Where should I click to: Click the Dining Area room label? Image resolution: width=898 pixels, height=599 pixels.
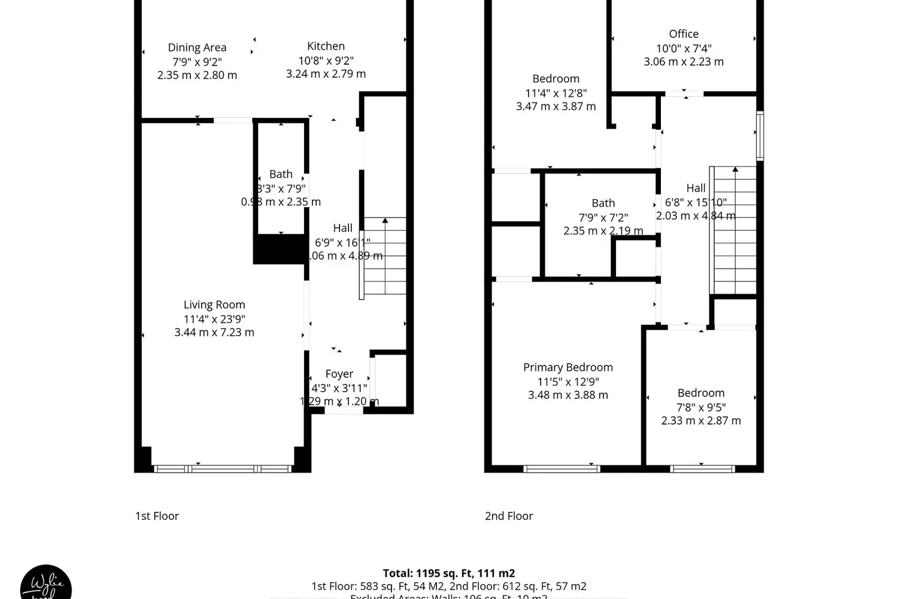[x=197, y=48]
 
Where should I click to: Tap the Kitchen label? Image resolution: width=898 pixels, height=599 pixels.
[x=326, y=46]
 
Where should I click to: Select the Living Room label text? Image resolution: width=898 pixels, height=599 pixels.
[x=214, y=305]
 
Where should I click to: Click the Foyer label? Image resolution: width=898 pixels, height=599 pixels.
[x=339, y=374]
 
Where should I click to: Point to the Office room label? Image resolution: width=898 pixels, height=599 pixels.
[x=684, y=34]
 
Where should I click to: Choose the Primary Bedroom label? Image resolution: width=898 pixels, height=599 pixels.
[x=568, y=367]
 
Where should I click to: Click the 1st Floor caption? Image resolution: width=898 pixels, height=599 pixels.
[x=157, y=516]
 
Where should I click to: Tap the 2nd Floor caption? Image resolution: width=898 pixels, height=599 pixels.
[x=509, y=516]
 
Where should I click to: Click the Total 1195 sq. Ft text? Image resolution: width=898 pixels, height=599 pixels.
[x=449, y=573]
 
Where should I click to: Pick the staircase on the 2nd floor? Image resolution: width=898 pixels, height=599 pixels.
[x=735, y=231]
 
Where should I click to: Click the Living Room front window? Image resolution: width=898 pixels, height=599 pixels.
[x=223, y=468]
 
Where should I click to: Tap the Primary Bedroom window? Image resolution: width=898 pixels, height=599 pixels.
[x=562, y=468]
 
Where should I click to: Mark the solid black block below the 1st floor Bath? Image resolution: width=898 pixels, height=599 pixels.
[x=280, y=249]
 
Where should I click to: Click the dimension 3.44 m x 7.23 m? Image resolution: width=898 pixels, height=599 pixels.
[x=214, y=332]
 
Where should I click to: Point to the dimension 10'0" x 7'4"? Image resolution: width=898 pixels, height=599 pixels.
[x=684, y=49]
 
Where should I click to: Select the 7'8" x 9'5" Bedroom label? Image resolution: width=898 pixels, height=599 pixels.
[x=701, y=393]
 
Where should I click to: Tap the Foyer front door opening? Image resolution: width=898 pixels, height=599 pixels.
[x=344, y=410]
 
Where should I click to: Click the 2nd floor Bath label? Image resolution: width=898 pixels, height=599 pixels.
[x=603, y=204]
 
